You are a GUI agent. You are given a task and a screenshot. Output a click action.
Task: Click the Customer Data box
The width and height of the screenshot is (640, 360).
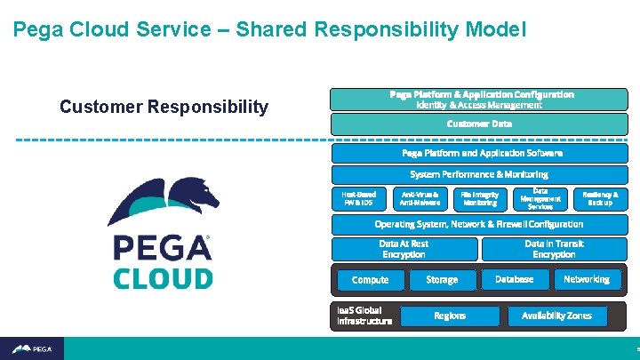[479, 124]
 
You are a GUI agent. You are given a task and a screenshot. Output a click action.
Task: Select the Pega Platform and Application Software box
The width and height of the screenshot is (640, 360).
[479, 153]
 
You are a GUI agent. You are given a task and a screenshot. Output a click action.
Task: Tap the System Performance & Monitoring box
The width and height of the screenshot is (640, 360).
[479, 174]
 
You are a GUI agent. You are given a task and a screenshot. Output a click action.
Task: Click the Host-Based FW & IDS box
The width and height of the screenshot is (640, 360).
[359, 198]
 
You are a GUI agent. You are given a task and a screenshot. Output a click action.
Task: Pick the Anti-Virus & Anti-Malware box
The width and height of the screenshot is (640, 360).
[420, 198]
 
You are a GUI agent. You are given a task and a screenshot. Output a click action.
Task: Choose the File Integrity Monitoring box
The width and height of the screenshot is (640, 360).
[480, 198]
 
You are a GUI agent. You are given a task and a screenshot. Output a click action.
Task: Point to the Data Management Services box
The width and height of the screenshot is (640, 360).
[540, 198]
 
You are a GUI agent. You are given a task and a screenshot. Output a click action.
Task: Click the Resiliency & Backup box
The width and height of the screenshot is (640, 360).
[600, 198]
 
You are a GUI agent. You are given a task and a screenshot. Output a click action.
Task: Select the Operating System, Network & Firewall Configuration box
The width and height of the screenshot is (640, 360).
[479, 224]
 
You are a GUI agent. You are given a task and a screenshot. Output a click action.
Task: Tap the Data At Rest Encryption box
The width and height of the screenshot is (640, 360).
[404, 249]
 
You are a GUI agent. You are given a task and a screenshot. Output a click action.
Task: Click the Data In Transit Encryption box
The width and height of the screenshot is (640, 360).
[554, 249]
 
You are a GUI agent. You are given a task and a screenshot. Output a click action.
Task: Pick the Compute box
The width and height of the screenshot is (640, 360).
[370, 280]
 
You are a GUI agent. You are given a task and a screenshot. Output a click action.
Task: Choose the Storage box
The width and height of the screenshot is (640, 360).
[442, 280]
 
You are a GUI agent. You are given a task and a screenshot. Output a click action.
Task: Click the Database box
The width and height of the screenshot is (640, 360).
[514, 279]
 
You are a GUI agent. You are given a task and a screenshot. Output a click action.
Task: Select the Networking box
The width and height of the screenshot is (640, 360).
[587, 279]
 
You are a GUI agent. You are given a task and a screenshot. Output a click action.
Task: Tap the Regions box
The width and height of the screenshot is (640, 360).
[449, 316]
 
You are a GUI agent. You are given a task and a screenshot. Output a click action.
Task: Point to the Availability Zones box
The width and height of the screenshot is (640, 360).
[556, 316]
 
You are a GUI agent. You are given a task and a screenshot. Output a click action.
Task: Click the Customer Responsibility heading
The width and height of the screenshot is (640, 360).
[164, 108]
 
